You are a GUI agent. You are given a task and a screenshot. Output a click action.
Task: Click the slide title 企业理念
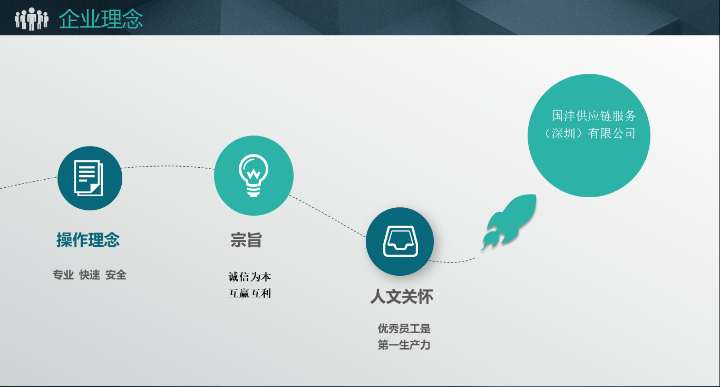point(101,20)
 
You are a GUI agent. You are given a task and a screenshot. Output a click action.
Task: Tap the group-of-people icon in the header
point(32,19)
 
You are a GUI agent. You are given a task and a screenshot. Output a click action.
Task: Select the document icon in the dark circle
point(89,178)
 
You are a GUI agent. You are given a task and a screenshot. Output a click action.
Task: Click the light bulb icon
point(254,176)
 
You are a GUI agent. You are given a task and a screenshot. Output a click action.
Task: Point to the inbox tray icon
point(400,241)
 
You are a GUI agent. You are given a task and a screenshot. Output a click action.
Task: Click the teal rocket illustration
point(514,219)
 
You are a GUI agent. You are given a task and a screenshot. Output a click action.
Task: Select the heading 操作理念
point(88,240)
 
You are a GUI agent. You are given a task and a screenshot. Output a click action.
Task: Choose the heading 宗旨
point(246,240)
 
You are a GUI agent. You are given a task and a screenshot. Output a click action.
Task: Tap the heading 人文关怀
point(402,296)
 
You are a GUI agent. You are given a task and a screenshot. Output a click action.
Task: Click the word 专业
point(63,275)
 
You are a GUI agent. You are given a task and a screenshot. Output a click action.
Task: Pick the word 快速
point(90,275)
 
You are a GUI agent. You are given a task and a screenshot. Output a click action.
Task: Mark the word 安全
point(116,275)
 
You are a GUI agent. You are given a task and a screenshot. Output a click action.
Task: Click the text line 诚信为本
point(250,277)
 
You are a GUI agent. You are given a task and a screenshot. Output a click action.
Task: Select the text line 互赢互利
point(250,294)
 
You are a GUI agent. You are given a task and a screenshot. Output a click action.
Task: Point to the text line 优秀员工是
point(404,328)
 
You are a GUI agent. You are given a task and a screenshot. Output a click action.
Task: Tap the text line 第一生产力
point(404,345)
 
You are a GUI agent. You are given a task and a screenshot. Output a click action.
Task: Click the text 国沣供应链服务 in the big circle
point(594,116)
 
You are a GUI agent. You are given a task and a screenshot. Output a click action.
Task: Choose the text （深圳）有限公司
point(589,133)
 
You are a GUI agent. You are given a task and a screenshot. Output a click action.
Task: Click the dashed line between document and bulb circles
point(168,167)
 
